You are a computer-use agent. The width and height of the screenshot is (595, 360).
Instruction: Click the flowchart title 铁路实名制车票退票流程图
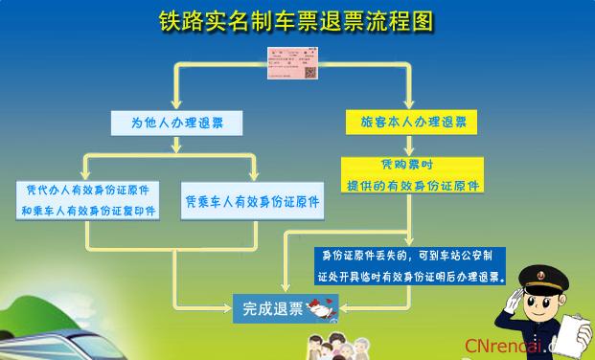point(297,20)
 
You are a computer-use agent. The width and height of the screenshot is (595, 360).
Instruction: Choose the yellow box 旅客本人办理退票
point(413,122)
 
